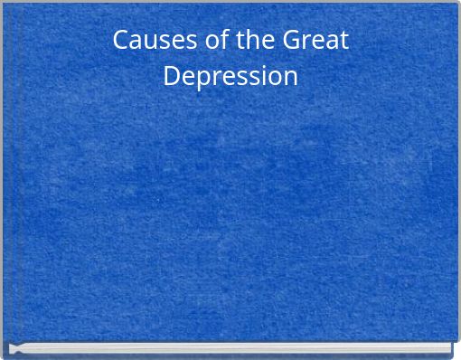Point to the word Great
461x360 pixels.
tap(315, 41)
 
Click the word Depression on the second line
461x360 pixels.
tap(230, 76)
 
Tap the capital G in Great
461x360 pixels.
tap(292, 41)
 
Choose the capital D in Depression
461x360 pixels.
tap(172, 75)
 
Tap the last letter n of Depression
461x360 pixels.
tap(290, 77)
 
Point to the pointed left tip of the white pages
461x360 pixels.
tap(12, 348)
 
